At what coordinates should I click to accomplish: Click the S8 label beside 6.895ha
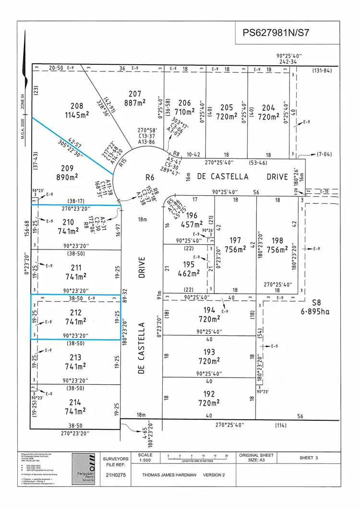point(316,303)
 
